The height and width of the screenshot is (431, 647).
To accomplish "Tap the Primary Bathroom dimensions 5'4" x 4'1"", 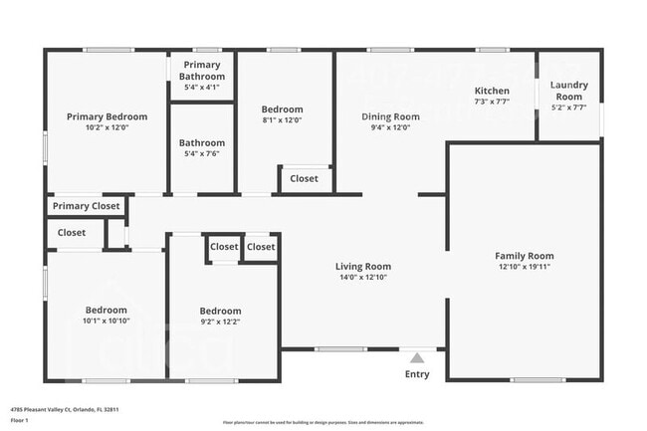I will [202, 88].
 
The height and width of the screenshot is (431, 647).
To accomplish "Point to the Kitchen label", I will [492, 90].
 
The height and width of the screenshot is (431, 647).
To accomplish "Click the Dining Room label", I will [390, 116].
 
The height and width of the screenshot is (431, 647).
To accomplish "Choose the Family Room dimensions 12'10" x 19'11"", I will [525, 267].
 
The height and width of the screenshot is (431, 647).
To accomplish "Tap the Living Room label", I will [362, 266].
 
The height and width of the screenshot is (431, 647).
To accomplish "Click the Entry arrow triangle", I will [418, 357].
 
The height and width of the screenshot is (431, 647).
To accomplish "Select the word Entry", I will [418, 374].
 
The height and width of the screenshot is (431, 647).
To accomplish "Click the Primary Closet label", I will [86, 206].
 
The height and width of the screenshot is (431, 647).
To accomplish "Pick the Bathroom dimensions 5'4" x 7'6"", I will [202, 154].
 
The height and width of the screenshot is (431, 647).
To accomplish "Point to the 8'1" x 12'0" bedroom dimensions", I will [282, 121].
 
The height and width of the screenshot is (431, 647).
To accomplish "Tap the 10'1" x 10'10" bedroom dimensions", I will [106, 322].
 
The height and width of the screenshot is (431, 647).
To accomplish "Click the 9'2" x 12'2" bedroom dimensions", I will [220, 322].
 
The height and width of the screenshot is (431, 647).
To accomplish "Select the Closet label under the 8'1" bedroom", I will [305, 179].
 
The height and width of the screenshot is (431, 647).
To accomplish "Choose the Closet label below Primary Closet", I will [72, 232].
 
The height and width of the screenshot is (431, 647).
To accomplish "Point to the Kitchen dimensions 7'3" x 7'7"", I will [492, 102].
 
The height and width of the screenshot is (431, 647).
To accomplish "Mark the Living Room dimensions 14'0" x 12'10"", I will [362, 278].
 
